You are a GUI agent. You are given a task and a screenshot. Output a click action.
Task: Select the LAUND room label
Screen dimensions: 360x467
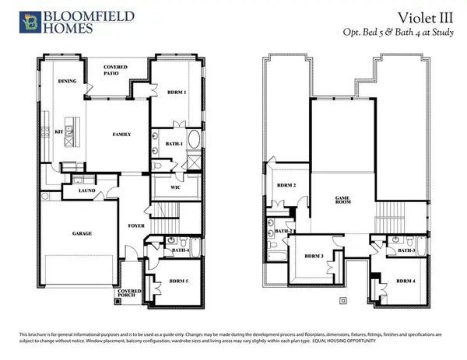86,190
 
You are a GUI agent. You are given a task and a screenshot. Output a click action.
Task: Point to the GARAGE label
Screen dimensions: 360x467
82,233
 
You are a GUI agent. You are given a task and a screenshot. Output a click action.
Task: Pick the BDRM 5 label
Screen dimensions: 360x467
180,281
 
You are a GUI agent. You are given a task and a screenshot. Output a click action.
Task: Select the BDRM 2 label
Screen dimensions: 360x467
288,186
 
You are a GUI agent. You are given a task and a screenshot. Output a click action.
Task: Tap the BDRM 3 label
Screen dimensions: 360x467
314,256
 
